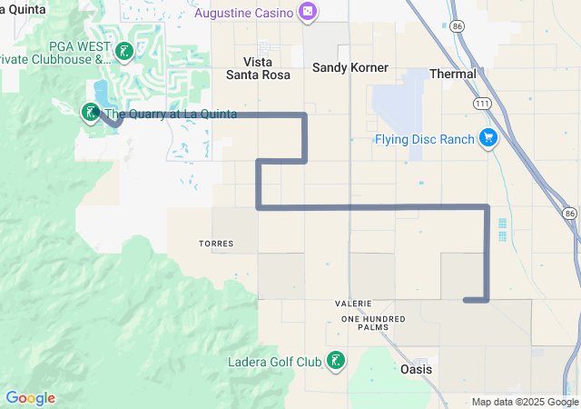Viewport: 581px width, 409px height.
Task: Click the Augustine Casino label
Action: point(244,13)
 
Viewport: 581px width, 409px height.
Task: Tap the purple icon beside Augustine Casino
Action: point(309,12)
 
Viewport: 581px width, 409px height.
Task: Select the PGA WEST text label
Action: point(75,45)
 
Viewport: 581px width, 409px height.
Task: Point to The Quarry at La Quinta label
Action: point(172,114)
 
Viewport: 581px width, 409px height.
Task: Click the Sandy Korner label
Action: point(350,67)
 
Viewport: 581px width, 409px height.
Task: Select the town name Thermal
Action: point(452,73)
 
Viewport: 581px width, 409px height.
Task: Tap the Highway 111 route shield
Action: point(482,105)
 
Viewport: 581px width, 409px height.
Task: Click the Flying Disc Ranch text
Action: point(425,139)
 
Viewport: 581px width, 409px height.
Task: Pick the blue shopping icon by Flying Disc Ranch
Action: point(488,138)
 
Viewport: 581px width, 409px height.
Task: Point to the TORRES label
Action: point(216,244)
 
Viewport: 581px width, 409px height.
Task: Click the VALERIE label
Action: point(354,303)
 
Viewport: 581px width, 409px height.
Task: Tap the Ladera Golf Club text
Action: point(276,361)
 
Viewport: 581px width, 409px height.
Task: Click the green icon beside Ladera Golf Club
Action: point(336,361)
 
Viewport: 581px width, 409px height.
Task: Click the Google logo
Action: point(30,398)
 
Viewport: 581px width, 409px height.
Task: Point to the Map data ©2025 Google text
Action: point(525,402)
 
